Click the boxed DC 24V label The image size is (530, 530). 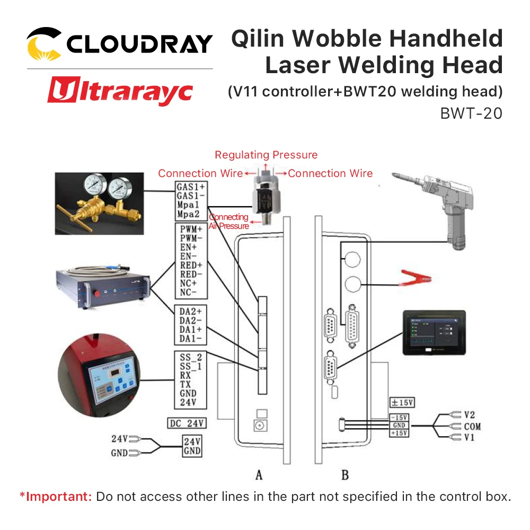(x=187, y=423)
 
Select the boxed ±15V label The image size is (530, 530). (x=402, y=403)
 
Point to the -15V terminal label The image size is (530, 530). (x=400, y=418)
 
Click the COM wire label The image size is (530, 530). (x=472, y=427)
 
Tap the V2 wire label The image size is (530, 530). (x=469, y=414)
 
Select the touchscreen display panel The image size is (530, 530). (x=433, y=333)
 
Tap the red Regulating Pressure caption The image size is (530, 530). (x=266, y=155)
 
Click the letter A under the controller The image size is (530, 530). (x=259, y=475)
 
